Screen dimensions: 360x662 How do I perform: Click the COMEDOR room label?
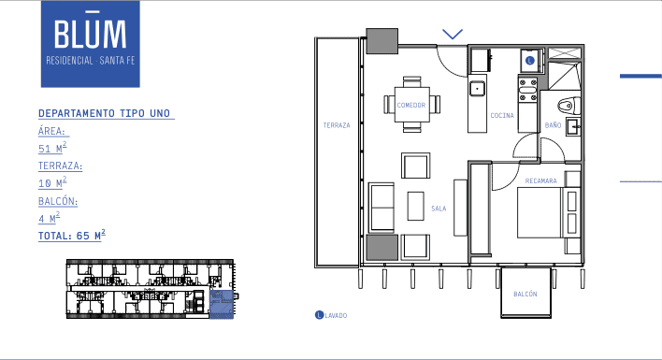coord(411,105)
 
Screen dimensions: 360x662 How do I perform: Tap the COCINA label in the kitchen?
coord(502,115)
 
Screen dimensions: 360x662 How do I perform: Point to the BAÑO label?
coord(553,124)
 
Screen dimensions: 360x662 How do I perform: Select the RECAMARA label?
coord(541,180)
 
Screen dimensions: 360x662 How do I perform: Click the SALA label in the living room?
coord(438,209)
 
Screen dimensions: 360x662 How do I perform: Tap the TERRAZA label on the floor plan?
coord(337,125)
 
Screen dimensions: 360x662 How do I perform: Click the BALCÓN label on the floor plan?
coord(525,295)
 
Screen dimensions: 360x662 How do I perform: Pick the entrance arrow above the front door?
coord(453,34)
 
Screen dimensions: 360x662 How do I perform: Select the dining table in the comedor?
coord(412,105)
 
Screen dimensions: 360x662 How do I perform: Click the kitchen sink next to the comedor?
coord(477,90)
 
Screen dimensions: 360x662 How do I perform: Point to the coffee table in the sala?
coord(416,206)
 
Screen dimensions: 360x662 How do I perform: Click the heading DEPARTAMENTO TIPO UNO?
coord(105,113)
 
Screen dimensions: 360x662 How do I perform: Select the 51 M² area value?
coord(52,148)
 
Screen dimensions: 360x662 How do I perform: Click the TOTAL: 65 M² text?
coord(72,236)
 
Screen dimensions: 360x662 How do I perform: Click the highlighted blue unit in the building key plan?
coord(220,305)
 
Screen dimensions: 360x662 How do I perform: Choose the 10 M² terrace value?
coord(52,183)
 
